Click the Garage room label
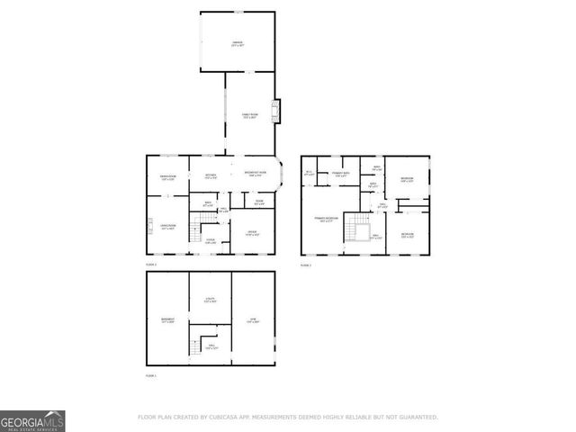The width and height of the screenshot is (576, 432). pos(238,43)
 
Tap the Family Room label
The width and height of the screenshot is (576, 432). pos(249,116)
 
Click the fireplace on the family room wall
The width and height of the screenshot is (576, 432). pos(278,111)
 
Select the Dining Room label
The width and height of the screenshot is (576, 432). pos(167,177)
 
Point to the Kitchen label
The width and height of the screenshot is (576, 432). pos(211,176)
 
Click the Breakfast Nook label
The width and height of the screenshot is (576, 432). pos(255,175)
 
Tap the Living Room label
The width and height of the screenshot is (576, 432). pos(167,227)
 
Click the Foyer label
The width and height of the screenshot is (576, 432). pos(210,241)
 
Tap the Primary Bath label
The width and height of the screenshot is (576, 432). pos(340,174)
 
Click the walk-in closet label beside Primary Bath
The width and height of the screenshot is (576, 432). pos(310,173)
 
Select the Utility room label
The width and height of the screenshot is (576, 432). pos(211,301)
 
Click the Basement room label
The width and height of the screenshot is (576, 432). pos(167,320)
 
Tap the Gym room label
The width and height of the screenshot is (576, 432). pos(253,320)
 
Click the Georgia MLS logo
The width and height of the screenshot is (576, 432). pos(32,420)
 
